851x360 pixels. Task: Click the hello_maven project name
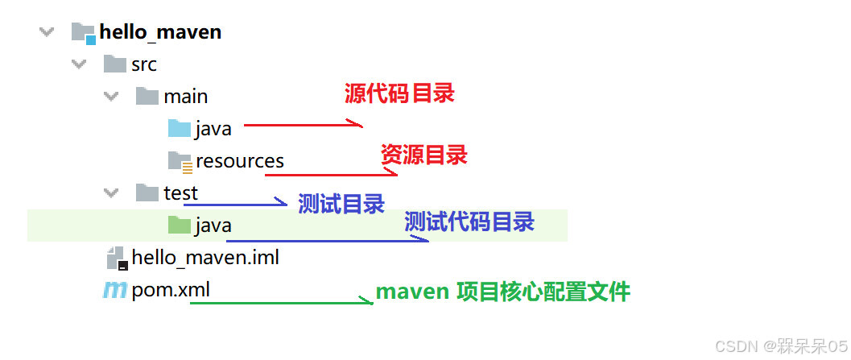click(160, 33)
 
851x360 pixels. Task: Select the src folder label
click(144, 64)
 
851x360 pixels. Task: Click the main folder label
click(185, 97)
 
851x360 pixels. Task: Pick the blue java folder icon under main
click(179, 128)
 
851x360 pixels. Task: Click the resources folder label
click(239, 160)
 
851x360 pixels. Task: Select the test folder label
click(180, 192)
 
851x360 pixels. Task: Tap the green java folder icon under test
click(179, 225)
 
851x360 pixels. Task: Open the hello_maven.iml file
click(205, 258)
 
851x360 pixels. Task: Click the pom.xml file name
click(171, 290)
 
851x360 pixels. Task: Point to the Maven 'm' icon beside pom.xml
click(114, 290)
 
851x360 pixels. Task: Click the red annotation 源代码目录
click(399, 93)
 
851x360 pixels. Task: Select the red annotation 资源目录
click(424, 155)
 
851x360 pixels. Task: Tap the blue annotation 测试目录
click(341, 204)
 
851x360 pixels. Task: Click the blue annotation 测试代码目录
click(469, 221)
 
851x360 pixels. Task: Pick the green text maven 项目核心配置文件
click(503, 292)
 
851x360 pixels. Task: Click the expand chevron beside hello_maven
click(47, 32)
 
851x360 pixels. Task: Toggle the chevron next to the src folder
click(79, 64)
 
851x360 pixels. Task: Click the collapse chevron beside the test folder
click(111, 192)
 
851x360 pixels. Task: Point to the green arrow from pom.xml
click(282, 302)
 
